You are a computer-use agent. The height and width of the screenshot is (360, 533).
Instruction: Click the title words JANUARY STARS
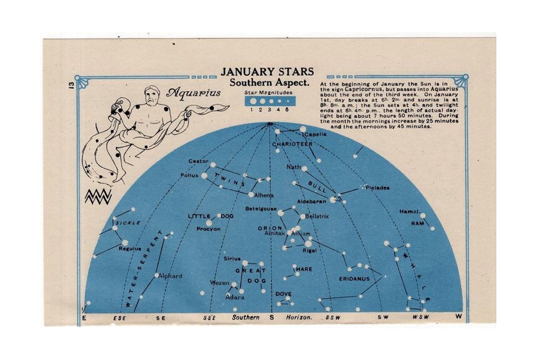tap(267, 72)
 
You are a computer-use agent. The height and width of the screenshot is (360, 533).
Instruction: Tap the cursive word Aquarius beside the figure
tap(193, 93)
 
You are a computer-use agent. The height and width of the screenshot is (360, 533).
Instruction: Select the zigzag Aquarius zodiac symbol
tap(98, 196)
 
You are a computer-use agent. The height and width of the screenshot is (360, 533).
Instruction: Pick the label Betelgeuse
tap(261, 209)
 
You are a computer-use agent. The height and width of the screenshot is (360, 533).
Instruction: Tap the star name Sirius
tap(232, 259)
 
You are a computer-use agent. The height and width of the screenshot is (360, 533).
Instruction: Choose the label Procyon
tap(208, 229)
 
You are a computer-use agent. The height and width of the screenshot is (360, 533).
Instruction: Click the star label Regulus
tap(130, 249)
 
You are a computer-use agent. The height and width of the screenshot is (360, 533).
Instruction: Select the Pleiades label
tap(378, 188)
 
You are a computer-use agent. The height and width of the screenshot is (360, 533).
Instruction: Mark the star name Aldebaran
tap(311, 201)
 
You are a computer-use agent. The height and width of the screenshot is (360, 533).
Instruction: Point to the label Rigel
tap(309, 250)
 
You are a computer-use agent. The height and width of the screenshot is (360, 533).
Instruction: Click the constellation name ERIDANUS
tap(354, 279)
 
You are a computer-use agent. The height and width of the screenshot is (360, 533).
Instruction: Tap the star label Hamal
tap(409, 211)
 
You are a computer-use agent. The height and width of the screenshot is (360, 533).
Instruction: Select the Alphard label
tap(171, 276)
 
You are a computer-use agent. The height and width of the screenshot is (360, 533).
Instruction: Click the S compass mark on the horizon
tap(271, 318)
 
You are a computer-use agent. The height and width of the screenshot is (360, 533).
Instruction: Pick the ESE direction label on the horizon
tap(119, 318)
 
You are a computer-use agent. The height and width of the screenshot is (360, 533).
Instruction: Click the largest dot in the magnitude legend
tap(253, 101)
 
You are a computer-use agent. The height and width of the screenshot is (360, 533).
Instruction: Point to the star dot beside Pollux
tap(204, 175)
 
